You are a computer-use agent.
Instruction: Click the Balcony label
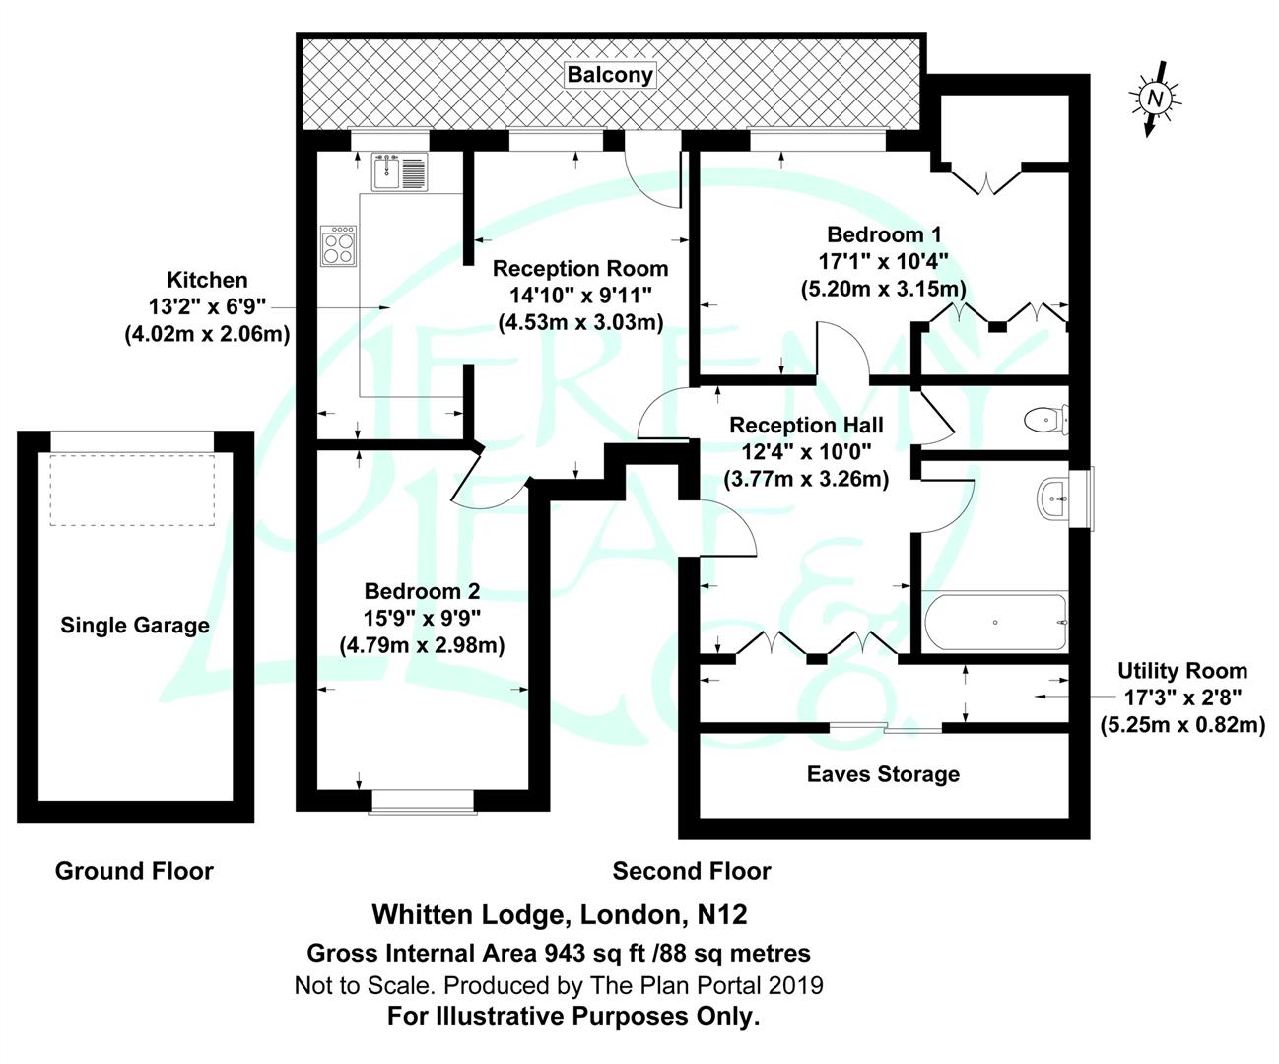click(610, 75)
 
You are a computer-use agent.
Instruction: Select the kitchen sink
click(399, 173)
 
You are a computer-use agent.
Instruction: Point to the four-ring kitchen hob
click(338, 245)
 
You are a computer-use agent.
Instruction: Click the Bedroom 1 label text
click(883, 234)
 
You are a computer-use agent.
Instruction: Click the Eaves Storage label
click(883, 774)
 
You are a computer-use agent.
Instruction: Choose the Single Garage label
click(135, 625)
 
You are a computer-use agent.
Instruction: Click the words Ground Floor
click(134, 871)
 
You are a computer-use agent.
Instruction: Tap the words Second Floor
click(692, 871)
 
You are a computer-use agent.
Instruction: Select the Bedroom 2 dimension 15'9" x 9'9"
click(422, 619)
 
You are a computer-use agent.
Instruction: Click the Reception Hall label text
click(806, 426)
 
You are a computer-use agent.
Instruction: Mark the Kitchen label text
click(207, 280)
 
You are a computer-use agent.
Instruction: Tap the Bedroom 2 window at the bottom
click(422, 801)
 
